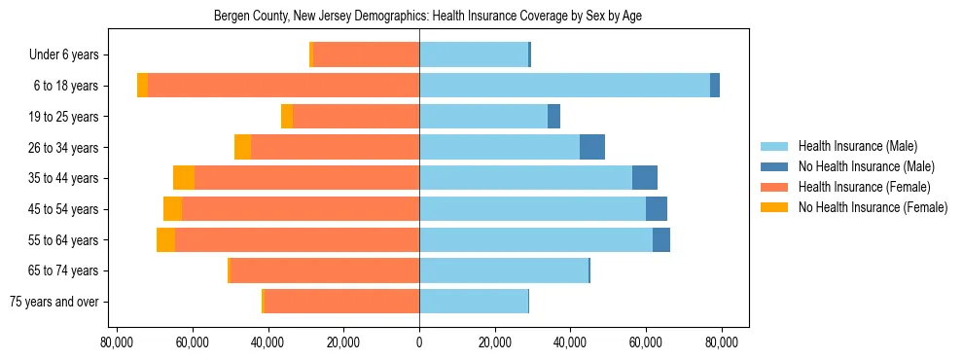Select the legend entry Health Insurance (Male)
tap(857, 146)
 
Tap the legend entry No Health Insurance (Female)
tap(872, 207)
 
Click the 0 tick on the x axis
tap(419, 342)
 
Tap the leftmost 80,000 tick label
tap(117, 342)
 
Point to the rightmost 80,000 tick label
tap(722, 342)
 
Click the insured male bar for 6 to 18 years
tap(564, 86)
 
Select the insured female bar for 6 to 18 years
tap(283, 86)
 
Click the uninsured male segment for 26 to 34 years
tap(592, 147)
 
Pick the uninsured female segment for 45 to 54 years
tap(172, 209)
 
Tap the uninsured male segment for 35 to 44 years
tap(645, 178)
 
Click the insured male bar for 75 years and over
tap(474, 302)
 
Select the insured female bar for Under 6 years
tap(366, 55)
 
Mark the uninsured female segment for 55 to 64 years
tap(165, 239)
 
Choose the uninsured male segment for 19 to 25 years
tap(553, 117)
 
